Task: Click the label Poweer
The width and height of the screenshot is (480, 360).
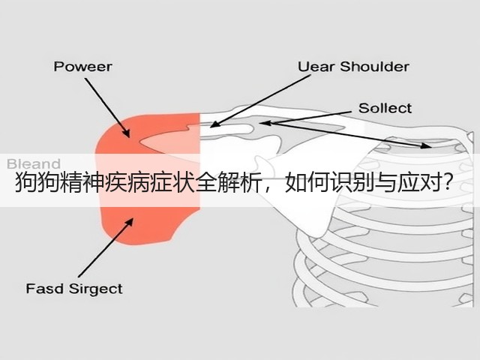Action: tap(82, 67)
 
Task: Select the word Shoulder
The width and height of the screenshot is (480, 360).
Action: tap(375, 67)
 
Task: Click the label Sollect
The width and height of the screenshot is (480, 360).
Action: tap(385, 108)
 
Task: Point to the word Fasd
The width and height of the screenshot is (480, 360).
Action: tap(45, 288)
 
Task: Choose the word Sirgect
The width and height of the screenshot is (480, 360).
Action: tap(95, 289)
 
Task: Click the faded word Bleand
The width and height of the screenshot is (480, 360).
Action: tap(33, 163)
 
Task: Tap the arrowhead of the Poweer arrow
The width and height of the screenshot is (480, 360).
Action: tap(126, 133)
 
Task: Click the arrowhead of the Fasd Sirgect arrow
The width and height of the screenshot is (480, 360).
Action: tap(130, 222)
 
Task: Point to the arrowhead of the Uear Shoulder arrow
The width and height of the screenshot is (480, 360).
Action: tap(215, 124)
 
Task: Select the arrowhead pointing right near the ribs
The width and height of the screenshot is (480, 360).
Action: tap(426, 145)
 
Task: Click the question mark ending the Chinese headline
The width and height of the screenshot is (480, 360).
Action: tap(448, 183)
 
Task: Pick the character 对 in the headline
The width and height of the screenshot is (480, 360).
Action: tap(431, 183)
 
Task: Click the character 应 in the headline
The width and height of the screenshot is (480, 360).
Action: tap(409, 183)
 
